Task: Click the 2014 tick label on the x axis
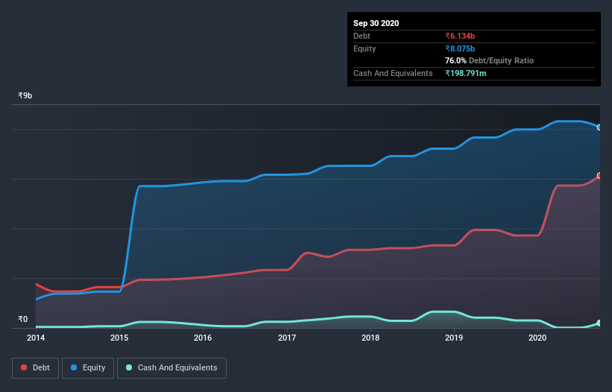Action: coord(35,338)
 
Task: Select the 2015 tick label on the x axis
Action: coord(119,338)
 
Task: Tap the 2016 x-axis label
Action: coord(203,338)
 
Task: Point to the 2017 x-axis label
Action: coord(287,338)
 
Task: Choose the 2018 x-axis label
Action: coord(370,338)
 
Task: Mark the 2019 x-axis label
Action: coord(455,338)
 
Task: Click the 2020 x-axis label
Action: coord(538,338)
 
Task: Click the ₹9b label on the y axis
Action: coord(25,96)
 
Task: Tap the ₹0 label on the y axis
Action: coord(22,320)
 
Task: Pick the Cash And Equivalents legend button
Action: coord(171,367)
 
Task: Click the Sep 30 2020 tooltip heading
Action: coord(376,23)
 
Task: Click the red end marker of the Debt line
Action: coord(599,176)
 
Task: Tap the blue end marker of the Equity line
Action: coord(599,127)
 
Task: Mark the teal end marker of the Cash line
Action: coord(599,323)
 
